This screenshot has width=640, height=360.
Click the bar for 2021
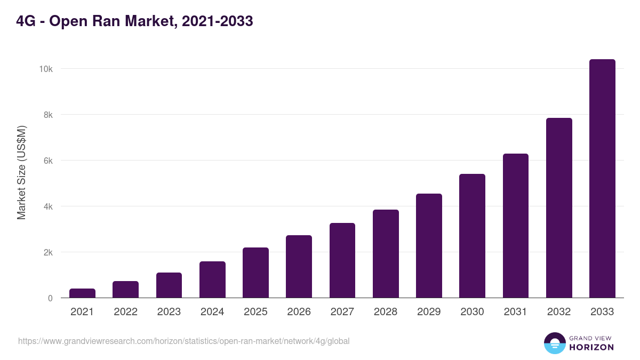82,293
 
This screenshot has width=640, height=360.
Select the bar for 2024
212,279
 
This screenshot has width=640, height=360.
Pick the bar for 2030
472,236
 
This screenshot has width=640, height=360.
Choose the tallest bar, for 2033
602,179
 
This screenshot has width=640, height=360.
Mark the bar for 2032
559,208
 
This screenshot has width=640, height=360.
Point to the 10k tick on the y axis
45,69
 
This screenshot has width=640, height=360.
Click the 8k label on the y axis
47,115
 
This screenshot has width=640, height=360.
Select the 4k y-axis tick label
47,206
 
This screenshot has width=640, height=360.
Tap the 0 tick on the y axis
50,298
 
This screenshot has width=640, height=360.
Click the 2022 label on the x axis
125,312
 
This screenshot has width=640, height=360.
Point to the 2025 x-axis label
255,312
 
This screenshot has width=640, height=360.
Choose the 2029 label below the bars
429,312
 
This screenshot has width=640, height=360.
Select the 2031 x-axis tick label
516,312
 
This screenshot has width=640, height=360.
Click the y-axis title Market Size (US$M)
21,172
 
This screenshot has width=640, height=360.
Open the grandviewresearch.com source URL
183,341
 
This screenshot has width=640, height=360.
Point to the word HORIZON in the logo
591,347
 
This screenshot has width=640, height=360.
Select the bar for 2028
386,254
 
